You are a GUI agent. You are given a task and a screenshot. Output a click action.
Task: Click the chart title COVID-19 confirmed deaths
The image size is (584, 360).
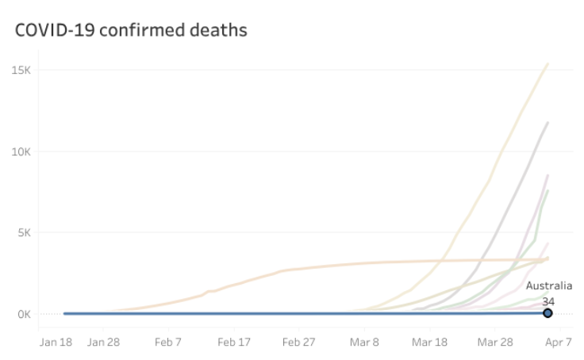click(x=131, y=30)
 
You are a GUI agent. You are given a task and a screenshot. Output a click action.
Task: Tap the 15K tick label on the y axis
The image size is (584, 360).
click(x=20, y=70)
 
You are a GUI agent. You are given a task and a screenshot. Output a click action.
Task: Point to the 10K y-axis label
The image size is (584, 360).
click(x=20, y=151)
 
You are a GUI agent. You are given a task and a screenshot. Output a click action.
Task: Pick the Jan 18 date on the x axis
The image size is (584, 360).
click(x=56, y=343)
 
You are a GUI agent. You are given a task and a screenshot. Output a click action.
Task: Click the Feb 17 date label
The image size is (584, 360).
click(x=234, y=343)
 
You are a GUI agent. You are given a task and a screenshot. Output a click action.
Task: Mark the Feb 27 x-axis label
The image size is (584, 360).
click(x=300, y=343)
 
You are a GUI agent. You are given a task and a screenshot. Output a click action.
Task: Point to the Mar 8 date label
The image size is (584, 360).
click(x=365, y=343)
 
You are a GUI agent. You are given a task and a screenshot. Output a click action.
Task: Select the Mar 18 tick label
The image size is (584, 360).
click(x=428, y=343)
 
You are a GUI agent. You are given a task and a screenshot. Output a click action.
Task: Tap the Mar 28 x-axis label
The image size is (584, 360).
click(x=494, y=343)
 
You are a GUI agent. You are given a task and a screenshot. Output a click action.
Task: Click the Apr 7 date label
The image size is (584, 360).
click(x=558, y=343)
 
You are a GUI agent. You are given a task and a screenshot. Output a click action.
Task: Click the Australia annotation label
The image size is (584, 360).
click(x=548, y=286)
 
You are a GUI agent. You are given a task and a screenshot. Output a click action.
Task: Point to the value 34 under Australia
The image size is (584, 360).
click(x=548, y=301)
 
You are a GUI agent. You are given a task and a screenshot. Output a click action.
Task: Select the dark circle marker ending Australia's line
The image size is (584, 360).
click(x=547, y=313)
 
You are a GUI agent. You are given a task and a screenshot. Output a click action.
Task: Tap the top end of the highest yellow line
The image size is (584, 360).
click(x=547, y=63)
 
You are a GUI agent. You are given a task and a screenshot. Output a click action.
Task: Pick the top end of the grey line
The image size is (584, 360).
click(x=547, y=123)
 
